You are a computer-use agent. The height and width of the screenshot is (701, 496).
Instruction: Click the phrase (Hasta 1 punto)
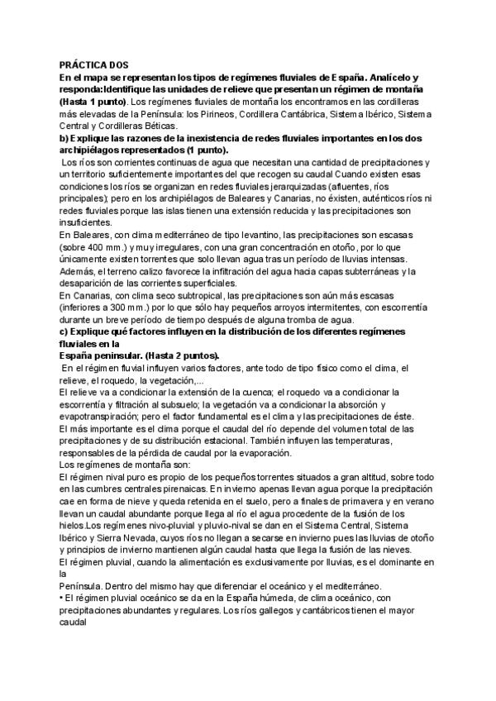89,101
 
